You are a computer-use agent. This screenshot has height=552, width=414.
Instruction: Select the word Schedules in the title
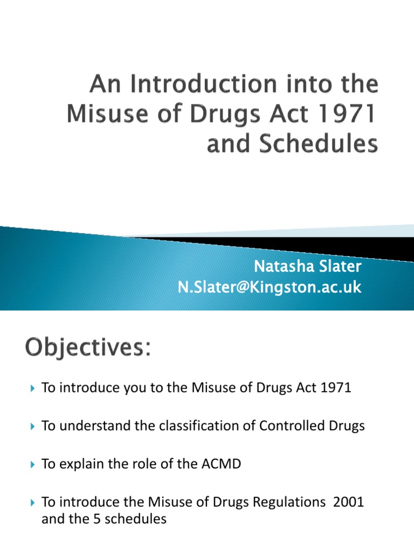[319, 143]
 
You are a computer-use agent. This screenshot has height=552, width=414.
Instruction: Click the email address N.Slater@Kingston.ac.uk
[270, 287]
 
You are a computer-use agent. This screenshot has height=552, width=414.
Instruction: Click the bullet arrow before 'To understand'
[33, 426]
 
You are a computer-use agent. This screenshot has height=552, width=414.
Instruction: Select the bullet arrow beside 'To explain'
[33, 464]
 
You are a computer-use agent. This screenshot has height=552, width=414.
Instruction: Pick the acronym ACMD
[221, 464]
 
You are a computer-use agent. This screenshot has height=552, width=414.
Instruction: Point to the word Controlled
[292, 426]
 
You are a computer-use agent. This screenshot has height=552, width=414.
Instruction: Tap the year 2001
[348, 502]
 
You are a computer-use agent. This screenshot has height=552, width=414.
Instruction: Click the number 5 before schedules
[97, 519]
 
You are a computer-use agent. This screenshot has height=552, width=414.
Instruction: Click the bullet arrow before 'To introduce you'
[33, 388]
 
